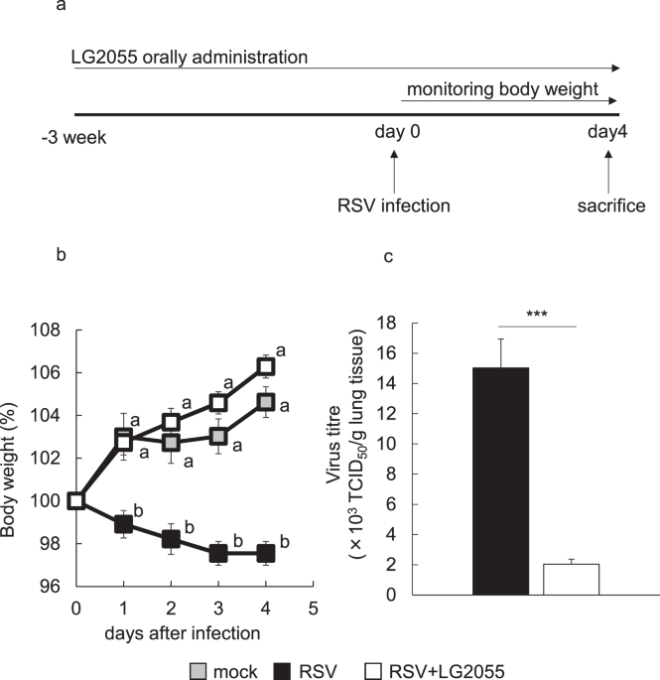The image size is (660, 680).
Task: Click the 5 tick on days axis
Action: (313, 608)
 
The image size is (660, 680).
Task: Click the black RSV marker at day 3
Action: (219, 554)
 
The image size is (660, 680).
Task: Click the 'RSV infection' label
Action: (392, 206)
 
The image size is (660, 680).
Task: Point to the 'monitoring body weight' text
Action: (500, 89)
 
